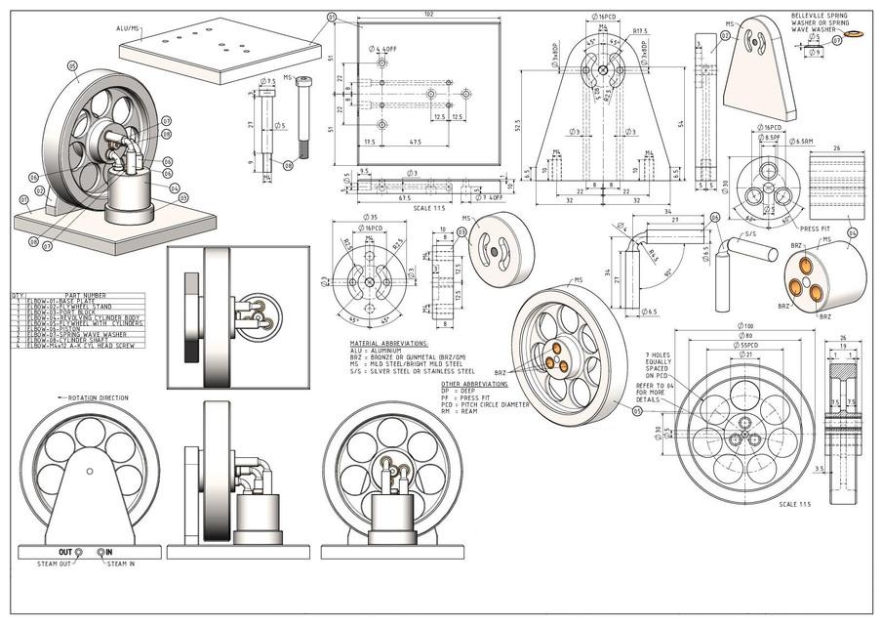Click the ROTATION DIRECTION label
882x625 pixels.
pyautogui.click(x=99, y=398)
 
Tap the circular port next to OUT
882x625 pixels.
pyautogui.click(x=79, y=553)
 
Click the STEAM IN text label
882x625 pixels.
pyautogui.click(x=122, y=563)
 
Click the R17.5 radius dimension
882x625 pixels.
pyautogui.click(x=640, y=31)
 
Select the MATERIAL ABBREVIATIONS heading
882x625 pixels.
pyautogui.click(x=388, y=345)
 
